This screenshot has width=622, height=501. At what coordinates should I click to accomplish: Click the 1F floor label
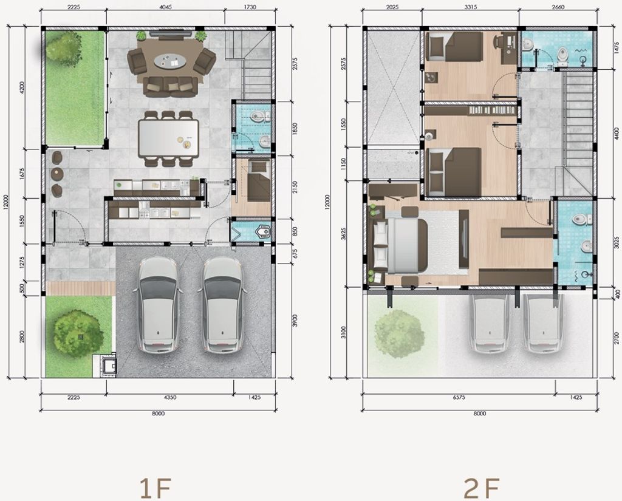[156, 488]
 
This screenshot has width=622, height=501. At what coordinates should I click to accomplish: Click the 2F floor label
[482, 488]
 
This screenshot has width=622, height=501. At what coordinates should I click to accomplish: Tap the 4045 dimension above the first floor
[165, 7]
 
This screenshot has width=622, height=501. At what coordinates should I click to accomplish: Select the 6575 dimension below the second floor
[459, 397]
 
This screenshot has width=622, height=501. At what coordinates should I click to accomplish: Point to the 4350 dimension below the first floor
[170, 397]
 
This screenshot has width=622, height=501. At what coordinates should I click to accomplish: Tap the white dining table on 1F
[168, 138]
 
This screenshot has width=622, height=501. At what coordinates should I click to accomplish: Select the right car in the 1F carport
[222, 305]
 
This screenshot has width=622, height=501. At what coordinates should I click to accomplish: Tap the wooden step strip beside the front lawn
[81, 288]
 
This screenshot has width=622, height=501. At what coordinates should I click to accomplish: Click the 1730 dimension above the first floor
[250, 7]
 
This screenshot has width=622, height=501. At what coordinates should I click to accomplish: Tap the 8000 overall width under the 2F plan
[480, 414]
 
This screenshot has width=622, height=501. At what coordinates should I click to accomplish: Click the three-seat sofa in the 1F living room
[171, 86]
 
